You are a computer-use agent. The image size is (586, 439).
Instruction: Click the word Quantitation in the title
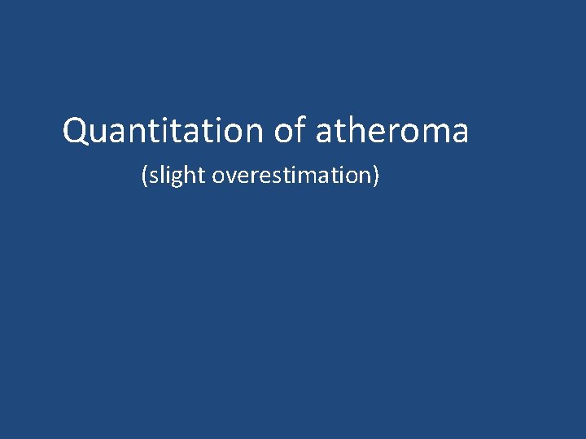163,131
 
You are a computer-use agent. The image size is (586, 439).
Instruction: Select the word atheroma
391,131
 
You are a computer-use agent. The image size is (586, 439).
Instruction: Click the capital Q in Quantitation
76,132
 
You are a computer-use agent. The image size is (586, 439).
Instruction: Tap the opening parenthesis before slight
145,176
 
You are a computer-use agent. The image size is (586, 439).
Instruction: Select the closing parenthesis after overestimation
376,176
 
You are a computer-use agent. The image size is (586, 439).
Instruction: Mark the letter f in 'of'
299,130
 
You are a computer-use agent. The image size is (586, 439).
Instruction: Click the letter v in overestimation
230,176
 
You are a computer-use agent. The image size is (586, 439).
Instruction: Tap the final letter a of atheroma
459,133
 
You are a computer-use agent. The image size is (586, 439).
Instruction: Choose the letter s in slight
152,176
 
